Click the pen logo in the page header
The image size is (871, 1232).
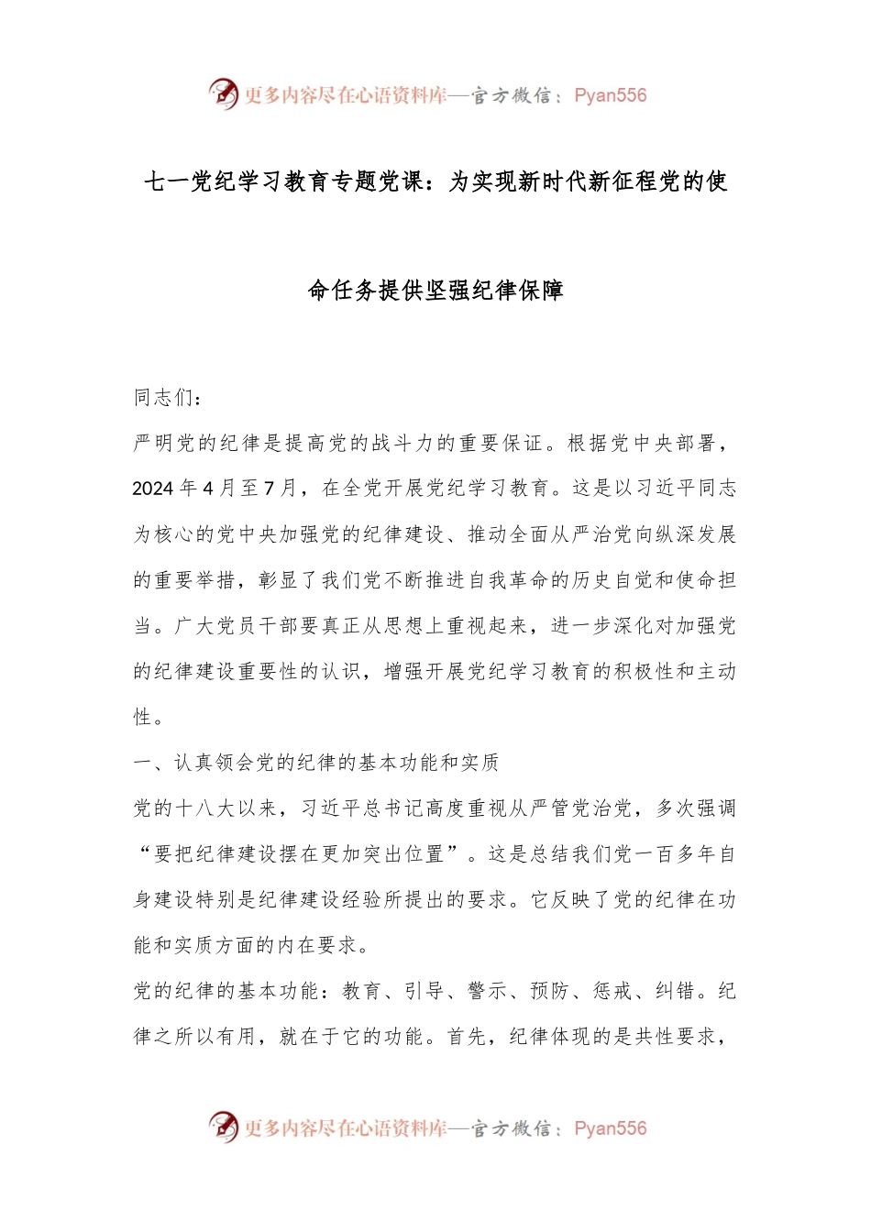coord(223,93)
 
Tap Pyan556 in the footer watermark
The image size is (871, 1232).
coord(610,1128)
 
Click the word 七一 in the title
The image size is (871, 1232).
coord(166,181)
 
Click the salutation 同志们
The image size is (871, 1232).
coord(164,397)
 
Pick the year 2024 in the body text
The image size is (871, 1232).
coord(153,489)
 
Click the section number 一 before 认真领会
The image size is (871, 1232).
coord(143,763)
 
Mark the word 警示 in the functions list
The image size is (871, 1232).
coord(487,991)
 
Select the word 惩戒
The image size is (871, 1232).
coord(612,991)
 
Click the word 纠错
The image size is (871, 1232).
coord(675,991)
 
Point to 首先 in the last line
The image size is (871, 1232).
coord(467,1037)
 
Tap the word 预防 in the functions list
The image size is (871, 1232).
coord(550,991)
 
